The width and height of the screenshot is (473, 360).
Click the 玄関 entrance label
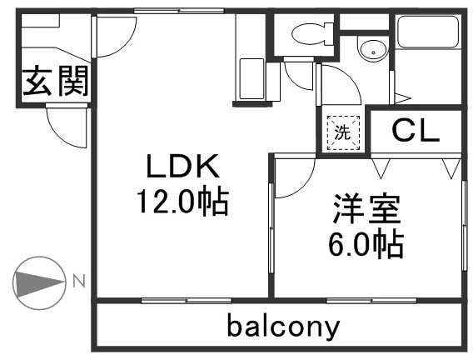[55, 81]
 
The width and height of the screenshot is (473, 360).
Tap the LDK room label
[183, 166]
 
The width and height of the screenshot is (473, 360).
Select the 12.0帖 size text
[183, 201]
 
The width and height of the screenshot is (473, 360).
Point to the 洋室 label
[366, 209]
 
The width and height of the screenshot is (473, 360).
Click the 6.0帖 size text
[366, 245]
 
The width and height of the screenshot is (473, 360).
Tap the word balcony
[284, 327]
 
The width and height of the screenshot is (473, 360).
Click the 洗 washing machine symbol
[343, 132]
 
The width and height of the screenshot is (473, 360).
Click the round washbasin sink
[373, 50]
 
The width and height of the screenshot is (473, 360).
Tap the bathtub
[428, 32]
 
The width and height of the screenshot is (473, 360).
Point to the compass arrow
[39, 283]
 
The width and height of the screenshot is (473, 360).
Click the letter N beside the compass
[79, 281]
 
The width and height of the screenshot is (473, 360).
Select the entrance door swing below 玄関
[67, 127]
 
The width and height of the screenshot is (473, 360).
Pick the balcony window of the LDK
[187, 301]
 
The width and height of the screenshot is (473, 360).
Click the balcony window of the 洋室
[371, 301]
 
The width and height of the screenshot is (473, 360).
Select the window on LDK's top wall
[179, 11]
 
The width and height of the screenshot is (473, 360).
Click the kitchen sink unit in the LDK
[251, 79]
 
